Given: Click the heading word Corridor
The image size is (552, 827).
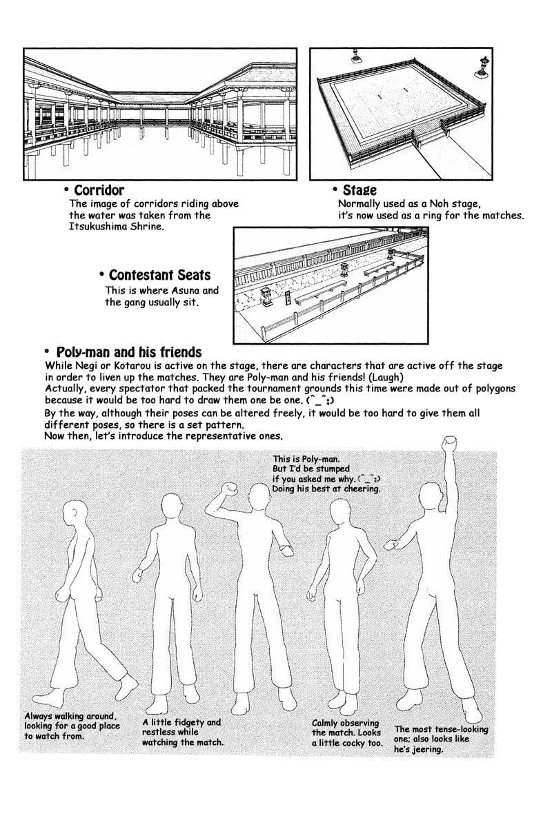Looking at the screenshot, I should [99, 190].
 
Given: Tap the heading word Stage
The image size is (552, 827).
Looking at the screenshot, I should [359, 190].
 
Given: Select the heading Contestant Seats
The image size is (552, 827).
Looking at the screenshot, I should [159, 275].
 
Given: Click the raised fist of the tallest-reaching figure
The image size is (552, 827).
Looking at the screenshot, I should [451, 441].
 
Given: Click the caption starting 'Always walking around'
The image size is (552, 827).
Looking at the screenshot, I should [72, 726].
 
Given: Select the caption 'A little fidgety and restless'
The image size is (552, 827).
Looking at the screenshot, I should [182, 732].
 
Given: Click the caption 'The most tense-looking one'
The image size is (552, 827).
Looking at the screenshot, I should [440, 738].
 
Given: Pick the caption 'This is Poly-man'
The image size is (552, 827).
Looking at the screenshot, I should [326, 473].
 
